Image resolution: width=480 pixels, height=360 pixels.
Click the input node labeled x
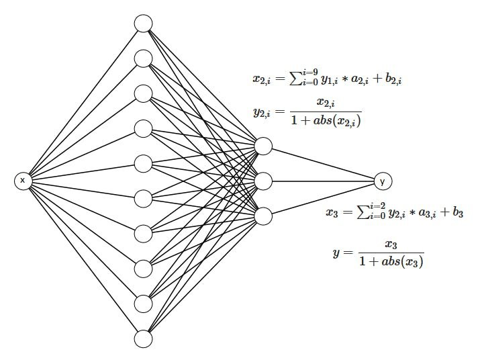(x=23, y=181)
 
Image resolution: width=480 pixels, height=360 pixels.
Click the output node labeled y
(x=383, y=181)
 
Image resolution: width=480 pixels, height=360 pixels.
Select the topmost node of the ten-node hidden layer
(x=143, y=24)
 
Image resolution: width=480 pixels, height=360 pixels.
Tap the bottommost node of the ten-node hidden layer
(x=143, y=339)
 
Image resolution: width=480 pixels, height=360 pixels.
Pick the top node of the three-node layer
(x=263, y=146)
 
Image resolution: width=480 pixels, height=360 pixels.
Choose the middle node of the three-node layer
(x=263, y=181)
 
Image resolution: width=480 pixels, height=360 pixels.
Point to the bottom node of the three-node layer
(x=263, y=216)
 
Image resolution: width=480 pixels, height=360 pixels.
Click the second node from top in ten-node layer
(x=143, y=58)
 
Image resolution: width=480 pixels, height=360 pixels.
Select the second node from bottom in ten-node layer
(x=143, y=304)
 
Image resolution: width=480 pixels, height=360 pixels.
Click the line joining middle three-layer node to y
(x=322, y=181)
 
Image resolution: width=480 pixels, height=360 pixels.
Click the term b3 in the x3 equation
(x=457, y=213)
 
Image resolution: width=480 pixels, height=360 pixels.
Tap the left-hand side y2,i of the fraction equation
(x=263, y=112)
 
